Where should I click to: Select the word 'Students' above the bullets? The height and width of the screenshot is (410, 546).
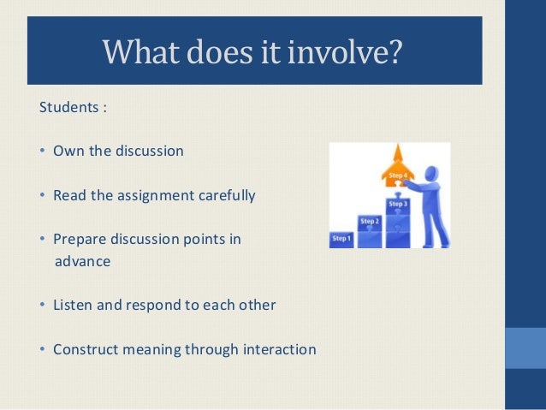coord(68,109)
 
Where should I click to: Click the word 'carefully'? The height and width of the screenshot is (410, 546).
coord(225,195)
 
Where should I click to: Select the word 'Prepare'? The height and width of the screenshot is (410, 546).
coord(80,239)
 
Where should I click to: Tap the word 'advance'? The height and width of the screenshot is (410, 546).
coord(82,261)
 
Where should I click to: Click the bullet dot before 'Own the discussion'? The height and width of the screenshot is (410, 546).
coord(43,152)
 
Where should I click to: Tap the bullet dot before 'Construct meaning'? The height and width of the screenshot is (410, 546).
coord(43,350)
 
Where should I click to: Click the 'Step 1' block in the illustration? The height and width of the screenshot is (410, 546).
coord(341,239)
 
